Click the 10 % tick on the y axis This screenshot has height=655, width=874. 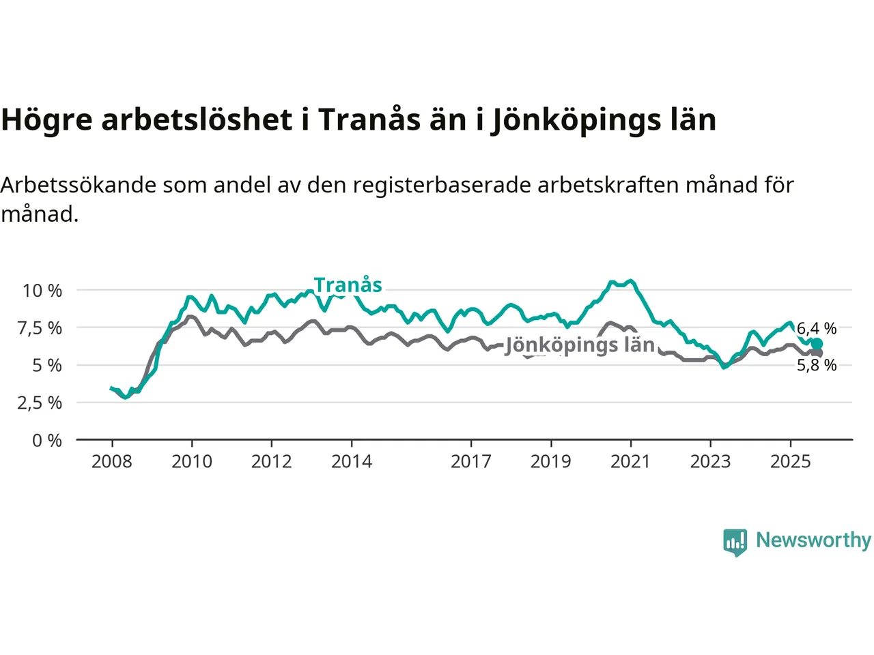[x=42, y=291]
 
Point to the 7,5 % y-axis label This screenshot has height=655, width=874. [x=42, y=328]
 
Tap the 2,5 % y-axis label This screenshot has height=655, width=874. [x=42, y=403]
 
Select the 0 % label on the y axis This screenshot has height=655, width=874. [x=47, y=440]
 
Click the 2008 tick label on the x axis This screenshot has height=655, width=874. [x=111, y=462]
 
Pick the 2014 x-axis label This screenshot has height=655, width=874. [x=351, y=462]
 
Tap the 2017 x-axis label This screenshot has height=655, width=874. [x=470, y=462]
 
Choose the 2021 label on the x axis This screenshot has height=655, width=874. [x=630, y=462]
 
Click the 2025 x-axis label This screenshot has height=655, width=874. [x=790, y=462]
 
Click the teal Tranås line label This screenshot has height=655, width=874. [x=348, y=285]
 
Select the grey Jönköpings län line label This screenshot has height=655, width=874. [x=580, y=345]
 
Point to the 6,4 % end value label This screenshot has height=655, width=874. [x=817, y=329]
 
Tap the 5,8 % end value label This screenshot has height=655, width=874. [x=817, y=365]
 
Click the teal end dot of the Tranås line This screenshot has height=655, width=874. [x=817, y=344]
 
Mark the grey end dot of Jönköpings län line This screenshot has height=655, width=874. [x=817, y=353]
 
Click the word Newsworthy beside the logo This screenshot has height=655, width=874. [x=813, y=540]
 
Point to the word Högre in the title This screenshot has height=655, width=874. [x=46, y=120]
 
